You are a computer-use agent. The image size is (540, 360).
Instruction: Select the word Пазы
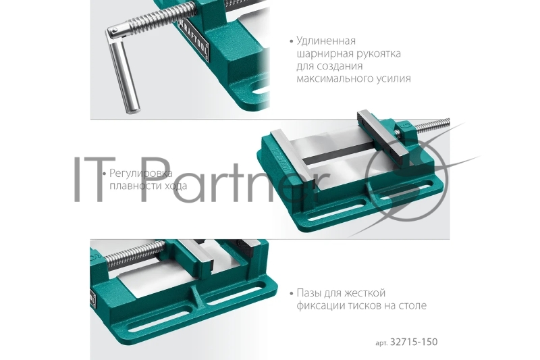(310, 293)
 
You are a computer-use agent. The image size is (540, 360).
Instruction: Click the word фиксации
(321, 306)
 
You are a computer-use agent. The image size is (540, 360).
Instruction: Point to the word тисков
(364, 306)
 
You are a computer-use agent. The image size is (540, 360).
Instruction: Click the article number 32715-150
(414, 342)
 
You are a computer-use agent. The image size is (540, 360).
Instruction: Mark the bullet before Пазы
(291, 294)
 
